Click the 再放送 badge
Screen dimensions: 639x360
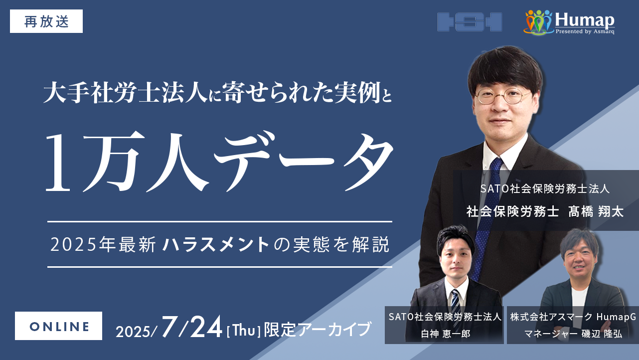[46, 21]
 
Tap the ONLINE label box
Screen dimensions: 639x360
[58, 326]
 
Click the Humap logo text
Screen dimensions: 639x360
[585, 20]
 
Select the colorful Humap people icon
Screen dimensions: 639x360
[538, 22]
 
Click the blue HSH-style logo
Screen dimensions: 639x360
[470, 21]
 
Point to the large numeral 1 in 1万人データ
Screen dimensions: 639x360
[58, 162]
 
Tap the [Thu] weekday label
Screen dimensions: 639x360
[243, 331]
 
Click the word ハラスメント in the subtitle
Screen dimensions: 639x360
[216, 245]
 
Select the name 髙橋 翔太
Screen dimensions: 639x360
[596, 212]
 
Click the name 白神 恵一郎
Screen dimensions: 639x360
[445, 334]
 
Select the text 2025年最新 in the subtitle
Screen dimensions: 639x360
[103, 245]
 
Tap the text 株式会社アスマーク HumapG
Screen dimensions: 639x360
[573, 317]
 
